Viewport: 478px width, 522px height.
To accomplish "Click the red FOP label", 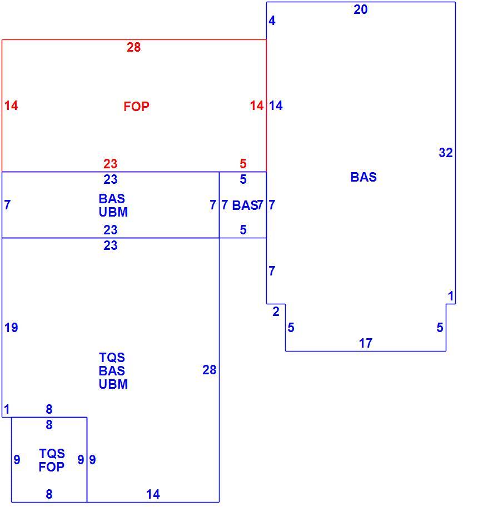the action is pos(136,107).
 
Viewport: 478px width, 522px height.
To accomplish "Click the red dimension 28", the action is pos(133,47).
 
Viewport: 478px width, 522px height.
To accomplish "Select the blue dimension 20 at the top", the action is pos(360,9).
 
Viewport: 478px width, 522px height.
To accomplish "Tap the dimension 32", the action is pos(446,153).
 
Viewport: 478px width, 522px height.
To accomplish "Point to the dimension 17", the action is pos(365,343).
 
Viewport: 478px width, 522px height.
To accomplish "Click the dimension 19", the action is pos(11,328).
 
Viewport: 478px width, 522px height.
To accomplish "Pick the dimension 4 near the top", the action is pos(272,21).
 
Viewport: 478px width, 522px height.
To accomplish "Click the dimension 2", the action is pos(276,312).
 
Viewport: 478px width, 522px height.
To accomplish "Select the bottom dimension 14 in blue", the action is pos(153,494).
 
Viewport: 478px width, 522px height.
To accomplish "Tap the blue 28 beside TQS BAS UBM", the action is pos(209,370).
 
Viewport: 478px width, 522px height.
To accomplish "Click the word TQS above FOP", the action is pos(52,454).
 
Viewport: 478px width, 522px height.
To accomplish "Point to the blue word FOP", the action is pos(51,467).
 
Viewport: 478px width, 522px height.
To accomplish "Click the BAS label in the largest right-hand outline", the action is pos(364,177).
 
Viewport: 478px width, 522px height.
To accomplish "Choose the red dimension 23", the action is pos(110,164).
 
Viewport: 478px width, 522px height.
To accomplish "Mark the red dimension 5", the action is pos(243,164).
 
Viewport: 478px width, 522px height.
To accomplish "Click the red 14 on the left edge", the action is pos(11,106).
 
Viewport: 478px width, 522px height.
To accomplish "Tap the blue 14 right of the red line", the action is pos(276,106).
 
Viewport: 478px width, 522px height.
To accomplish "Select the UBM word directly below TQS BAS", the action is pos(113,384).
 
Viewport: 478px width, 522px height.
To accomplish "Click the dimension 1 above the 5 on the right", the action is pos(451,296).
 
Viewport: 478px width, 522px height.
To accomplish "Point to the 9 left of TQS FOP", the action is pos(17,460).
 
